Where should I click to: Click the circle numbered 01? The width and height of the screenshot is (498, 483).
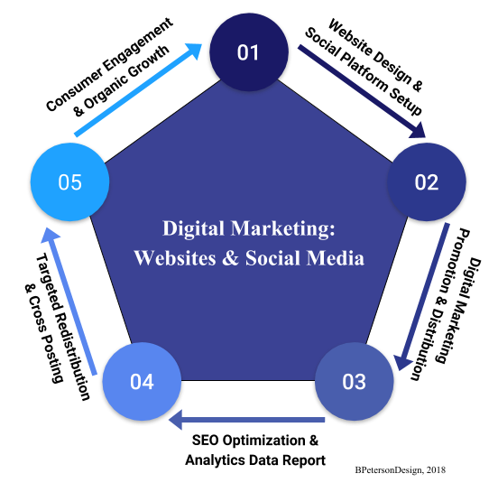pos(249,52)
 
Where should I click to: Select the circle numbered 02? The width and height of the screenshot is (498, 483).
pos(426,181)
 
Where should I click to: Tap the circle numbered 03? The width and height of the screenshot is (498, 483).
pos(355,381)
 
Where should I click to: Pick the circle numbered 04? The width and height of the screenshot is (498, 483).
pos(142,381)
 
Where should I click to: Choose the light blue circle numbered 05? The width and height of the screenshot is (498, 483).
pos(69,181)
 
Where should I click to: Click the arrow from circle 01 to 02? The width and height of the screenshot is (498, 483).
pos(362,91)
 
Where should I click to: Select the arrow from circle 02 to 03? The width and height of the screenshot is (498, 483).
pos(422,297)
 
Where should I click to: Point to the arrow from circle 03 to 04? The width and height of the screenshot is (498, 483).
pos(247,420)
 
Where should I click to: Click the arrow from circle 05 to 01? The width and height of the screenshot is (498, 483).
pos(138,90)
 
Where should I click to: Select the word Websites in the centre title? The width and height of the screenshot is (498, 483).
pos(175,257)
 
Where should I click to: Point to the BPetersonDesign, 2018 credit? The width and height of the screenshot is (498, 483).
pos(401,470)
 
